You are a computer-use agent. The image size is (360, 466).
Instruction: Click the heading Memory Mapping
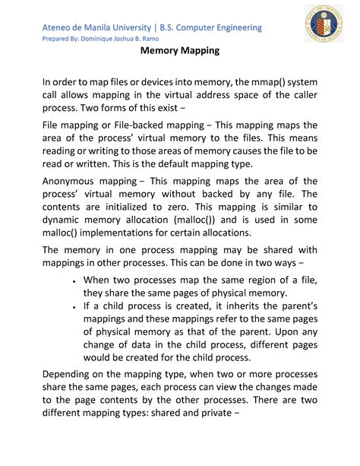(x=179, y=52)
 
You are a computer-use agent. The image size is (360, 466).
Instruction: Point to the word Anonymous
(x=76, y=182)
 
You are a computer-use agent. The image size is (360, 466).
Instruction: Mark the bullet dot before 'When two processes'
(x=71, y=281)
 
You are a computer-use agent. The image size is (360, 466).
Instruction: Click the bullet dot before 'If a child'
(x=71, y=306)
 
